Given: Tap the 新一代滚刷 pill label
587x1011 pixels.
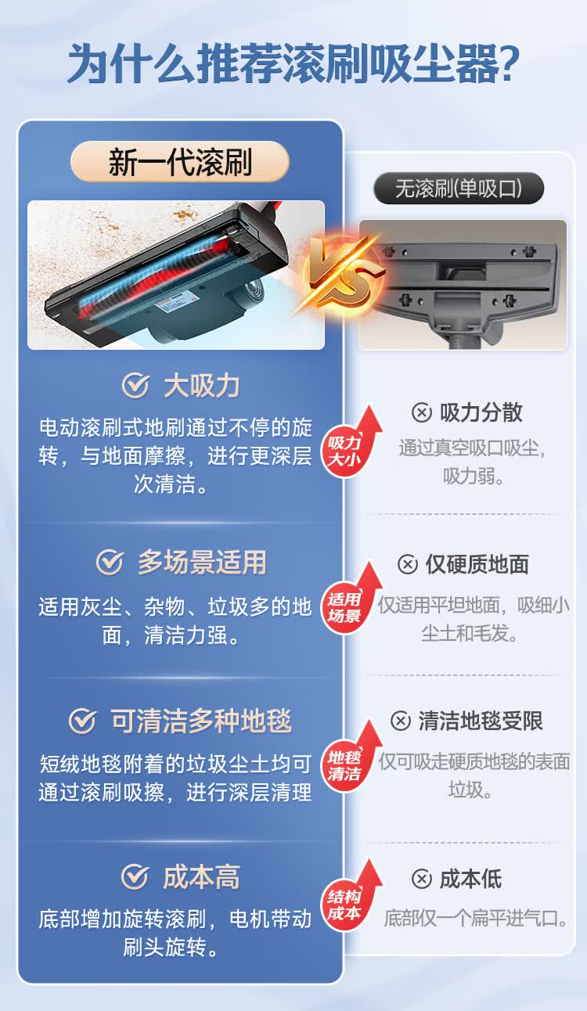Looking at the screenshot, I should click(180, 162).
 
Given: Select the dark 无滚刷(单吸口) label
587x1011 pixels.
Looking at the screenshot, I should click(458, 189).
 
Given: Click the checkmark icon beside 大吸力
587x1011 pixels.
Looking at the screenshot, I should click(135, 386).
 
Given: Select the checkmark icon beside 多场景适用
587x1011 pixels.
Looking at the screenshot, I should click(110, 563).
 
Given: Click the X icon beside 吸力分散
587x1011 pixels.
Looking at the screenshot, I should click(421, 413).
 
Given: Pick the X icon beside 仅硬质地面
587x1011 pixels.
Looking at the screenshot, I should click(407, 564).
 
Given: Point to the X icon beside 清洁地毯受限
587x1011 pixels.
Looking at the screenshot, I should click(400, 721).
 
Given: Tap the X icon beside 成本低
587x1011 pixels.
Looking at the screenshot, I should click(421, 880).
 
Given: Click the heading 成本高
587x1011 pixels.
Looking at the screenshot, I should click(201, 877).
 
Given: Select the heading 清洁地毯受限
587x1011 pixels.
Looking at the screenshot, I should click(481, 721).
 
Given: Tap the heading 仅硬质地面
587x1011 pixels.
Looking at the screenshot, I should click(477, 564).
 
